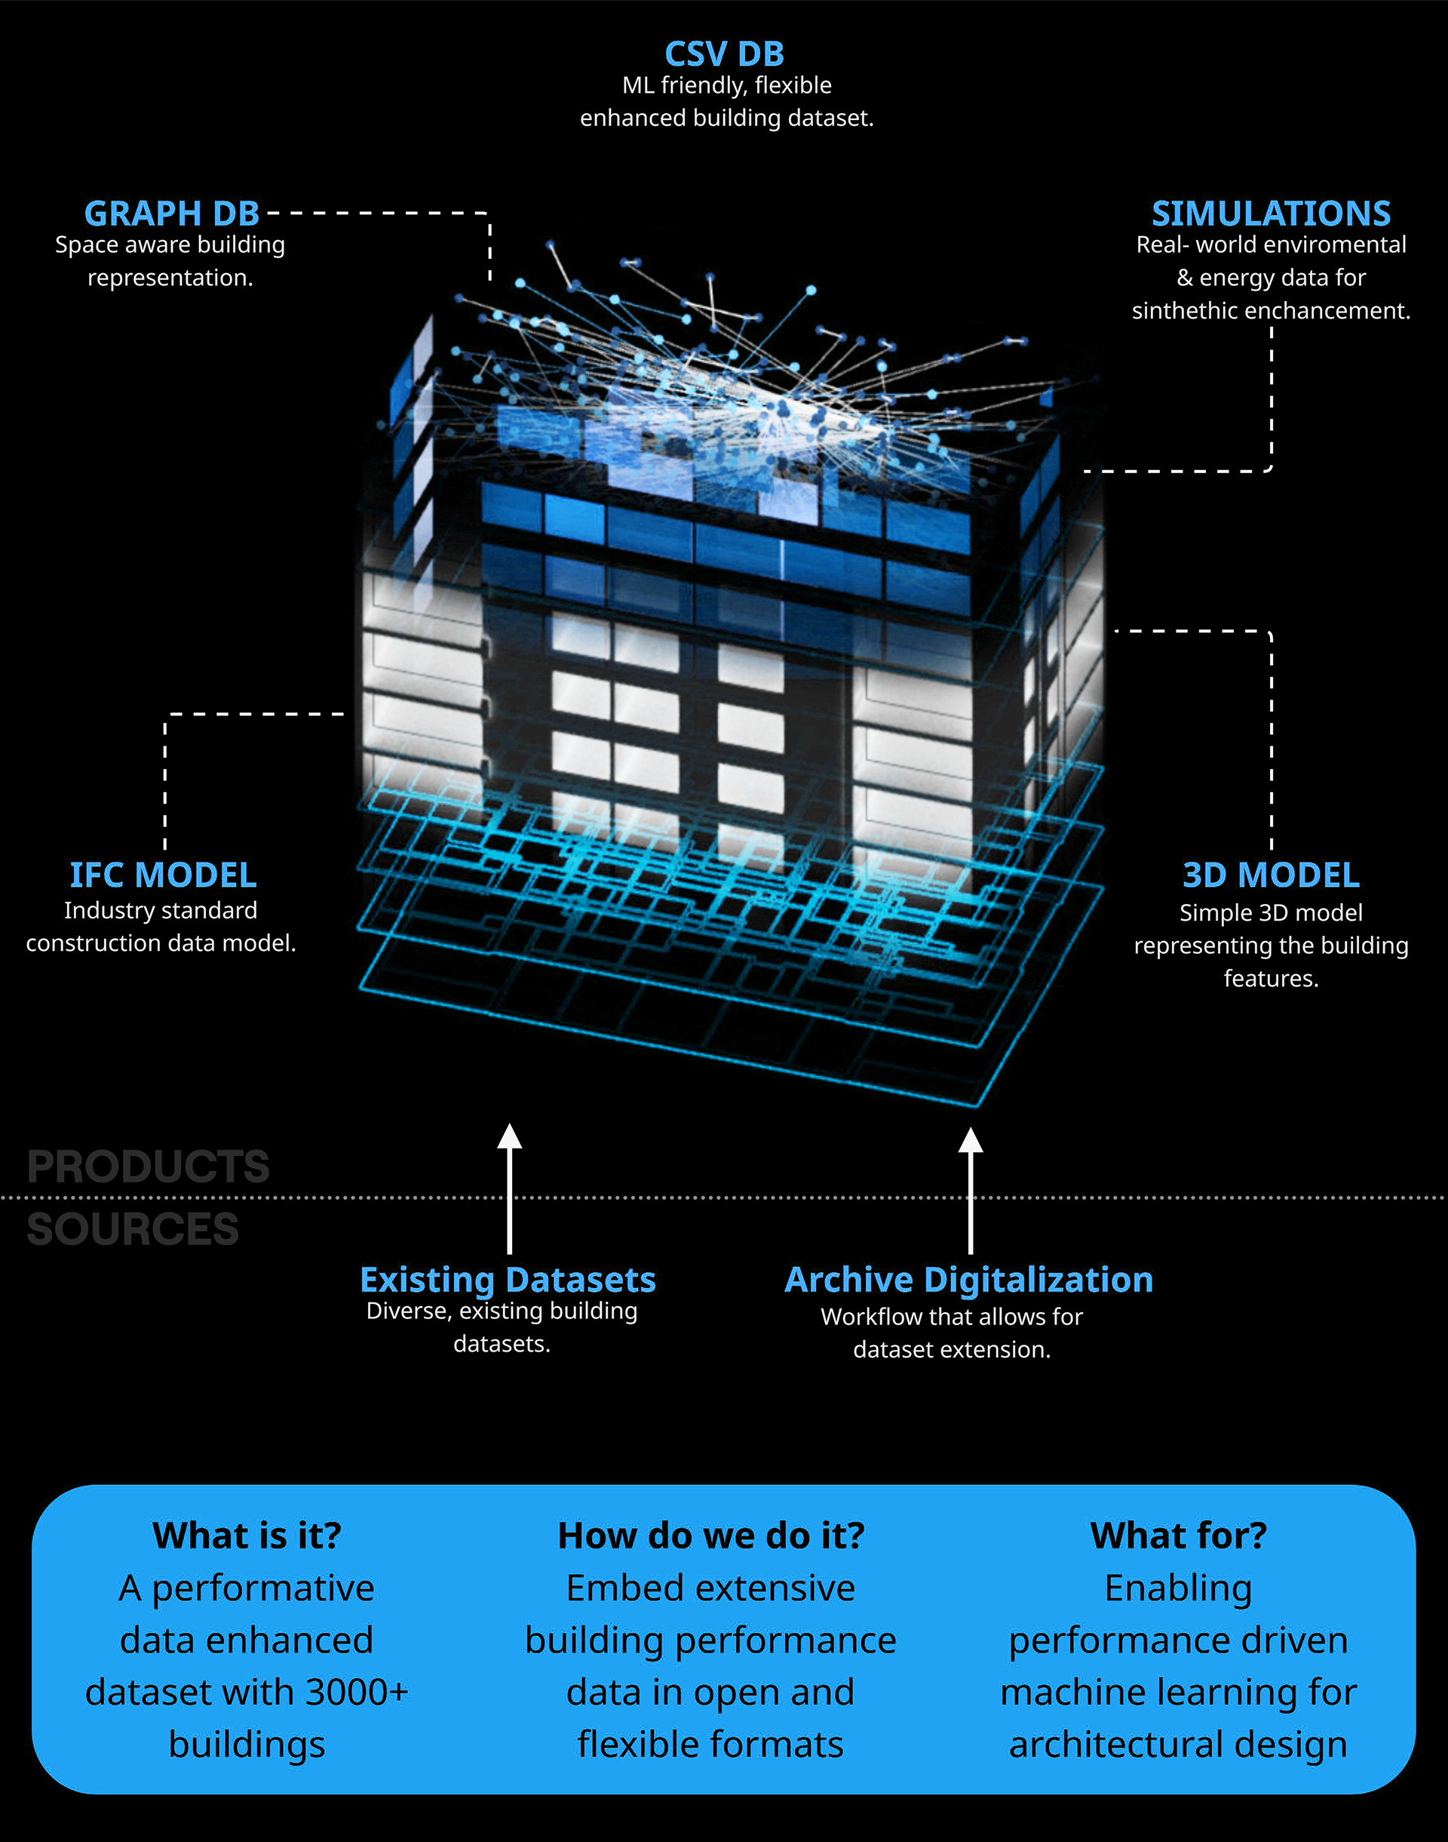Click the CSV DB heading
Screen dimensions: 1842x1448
(x=724, y=54)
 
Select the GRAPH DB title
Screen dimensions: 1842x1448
(x=172, y=214)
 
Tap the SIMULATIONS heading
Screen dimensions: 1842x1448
(x=1271, y=214)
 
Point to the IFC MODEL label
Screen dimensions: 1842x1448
(x=163, y=875)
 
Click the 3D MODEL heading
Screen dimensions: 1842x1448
(x=1271, y=875)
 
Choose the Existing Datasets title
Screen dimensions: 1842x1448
(x=508, y=1280)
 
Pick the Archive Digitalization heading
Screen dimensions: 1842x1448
(x=969, y=1280)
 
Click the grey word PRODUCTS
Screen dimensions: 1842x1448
(x=149, y=1167)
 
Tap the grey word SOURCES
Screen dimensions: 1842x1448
(x=133, y=1230)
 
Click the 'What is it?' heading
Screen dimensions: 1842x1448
(x=247, y=1536)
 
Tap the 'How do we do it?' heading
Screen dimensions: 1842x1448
(x=711, y=1536)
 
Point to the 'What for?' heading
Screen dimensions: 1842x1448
(x=1179, y=1536)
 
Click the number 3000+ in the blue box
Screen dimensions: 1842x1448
(x=357, y=1693)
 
